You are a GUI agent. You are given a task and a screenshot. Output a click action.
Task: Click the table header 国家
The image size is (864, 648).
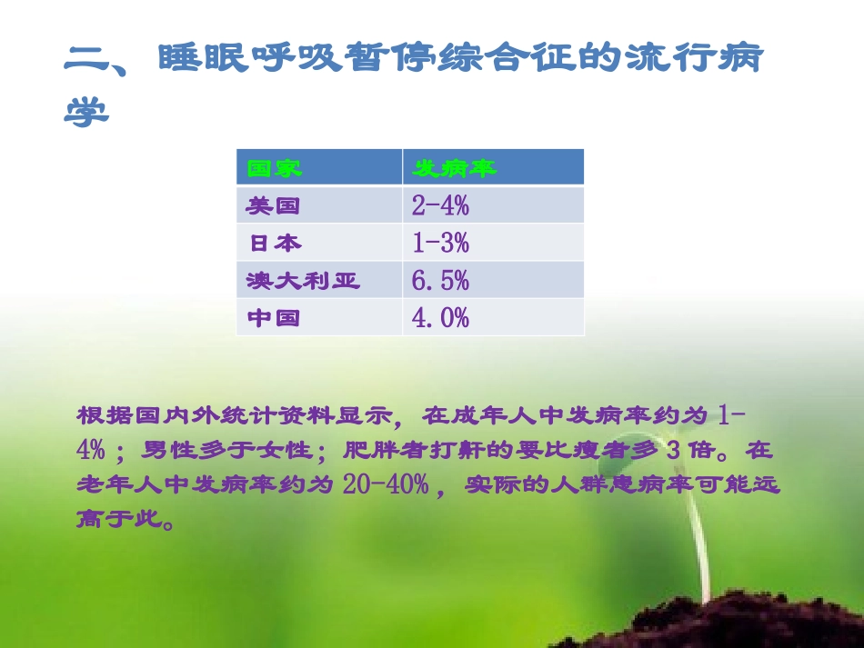[x=274, y=168]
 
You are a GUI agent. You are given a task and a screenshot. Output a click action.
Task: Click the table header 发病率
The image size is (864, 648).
[x=455, y=168]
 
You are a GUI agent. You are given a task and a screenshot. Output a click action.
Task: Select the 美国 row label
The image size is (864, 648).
[x=273, y=206]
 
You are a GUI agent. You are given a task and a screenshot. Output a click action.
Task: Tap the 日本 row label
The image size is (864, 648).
[x=276, y=244]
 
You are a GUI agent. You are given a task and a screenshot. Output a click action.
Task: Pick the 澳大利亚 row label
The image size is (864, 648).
[x=303, y=281]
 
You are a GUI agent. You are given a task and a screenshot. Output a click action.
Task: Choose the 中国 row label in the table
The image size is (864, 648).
[x=273, y=319]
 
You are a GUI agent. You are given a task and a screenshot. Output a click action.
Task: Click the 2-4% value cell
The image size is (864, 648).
[x=440, y=206]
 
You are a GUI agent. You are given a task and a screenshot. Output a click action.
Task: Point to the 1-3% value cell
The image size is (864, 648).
[x=440, y=244]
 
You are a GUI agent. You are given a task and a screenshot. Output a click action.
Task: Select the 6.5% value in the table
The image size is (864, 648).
[x=440, y=281]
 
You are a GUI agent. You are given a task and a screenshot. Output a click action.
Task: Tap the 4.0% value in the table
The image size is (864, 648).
[x=440, y=319]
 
